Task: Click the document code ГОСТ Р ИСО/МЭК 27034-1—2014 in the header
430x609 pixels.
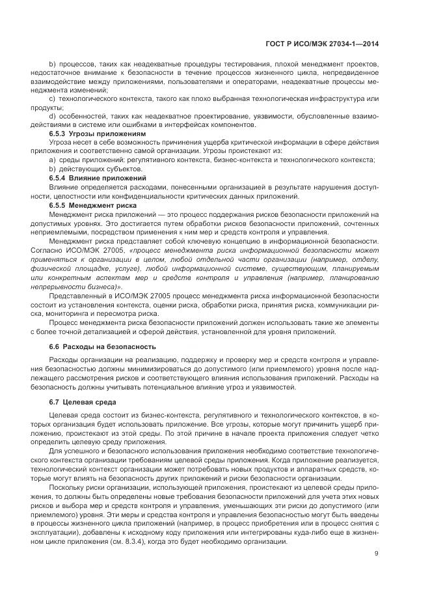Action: click(323, 45)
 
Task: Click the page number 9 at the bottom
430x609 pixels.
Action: click(377, 554)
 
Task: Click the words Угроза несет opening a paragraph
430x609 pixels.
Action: click(71, 143)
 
